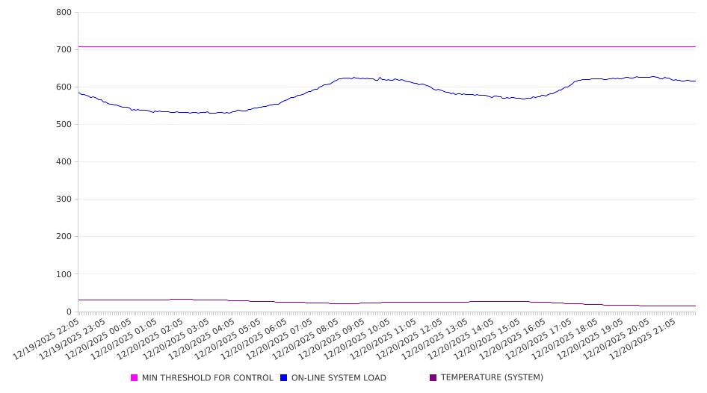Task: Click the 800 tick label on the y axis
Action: (x=64, y=13)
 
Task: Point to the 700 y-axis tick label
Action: (x=64, y=50)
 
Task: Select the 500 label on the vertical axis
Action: (x=64, y=125)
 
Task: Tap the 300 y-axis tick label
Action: (x=64, y=199)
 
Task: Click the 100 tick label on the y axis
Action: (x=64, y=274)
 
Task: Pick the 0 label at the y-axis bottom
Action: (x=68, y=312)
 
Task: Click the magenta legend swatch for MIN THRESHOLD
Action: (x=135, y=378)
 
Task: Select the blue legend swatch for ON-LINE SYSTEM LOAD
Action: (x=284, y=378)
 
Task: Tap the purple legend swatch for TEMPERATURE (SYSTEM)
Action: (x=433, y=378)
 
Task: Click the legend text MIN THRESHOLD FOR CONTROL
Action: (x=207, y=378)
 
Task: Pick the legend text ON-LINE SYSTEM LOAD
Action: (x=339, y=378)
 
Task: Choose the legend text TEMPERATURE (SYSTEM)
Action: (x=492, y=378)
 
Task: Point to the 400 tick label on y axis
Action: (x=64, y=162)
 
